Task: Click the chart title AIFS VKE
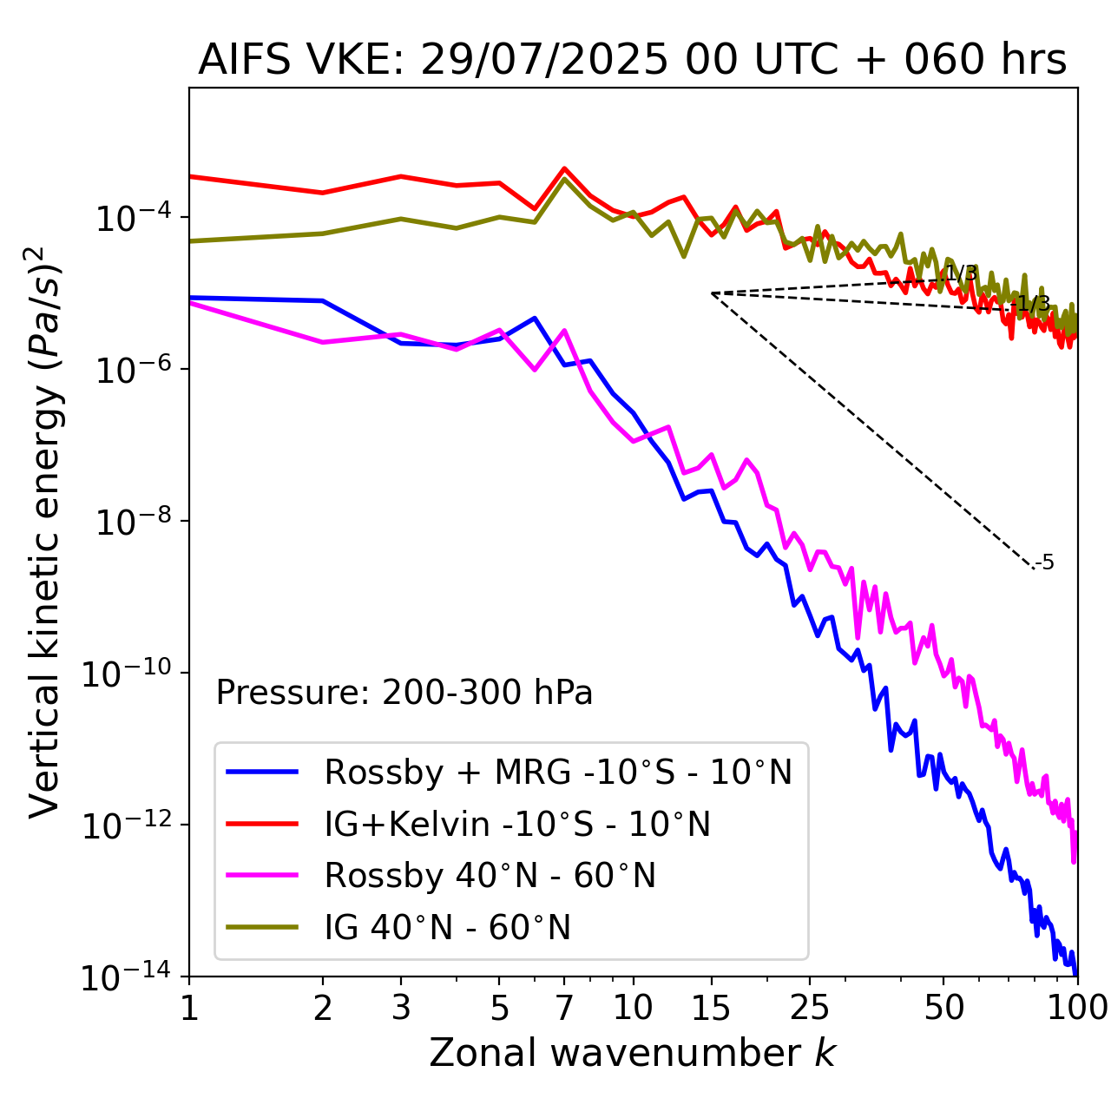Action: [632, 61]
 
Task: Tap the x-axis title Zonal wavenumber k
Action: [632, 1053]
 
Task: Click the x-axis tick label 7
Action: [564, 1008]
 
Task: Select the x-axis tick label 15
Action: [712, 1008]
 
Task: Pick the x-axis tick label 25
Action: [810, 1008]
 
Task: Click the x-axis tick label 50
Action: [943, 1008]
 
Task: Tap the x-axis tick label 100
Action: [1076, 1008]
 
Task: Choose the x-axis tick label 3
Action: [401, 1008]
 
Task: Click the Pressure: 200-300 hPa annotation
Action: [404, 693]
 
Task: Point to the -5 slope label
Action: [1046, 562]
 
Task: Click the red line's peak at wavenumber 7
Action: [564, 168]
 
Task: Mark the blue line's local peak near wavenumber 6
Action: [535, 318]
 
